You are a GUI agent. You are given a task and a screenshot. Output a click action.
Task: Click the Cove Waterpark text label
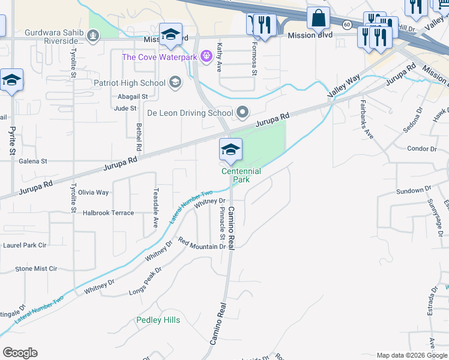click(x=160, y=58)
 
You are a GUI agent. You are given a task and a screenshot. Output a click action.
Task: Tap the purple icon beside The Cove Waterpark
click(x=206, y=57)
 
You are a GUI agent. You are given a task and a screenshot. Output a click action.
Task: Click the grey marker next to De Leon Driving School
click(x=243, y=112)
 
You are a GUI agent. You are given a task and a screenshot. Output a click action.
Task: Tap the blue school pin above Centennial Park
click(x=231, y=151)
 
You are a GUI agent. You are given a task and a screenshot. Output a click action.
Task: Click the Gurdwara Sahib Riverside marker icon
click(x=92, y=36)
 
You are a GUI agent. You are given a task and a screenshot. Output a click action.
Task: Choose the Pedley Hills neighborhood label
click(x=158, y=320)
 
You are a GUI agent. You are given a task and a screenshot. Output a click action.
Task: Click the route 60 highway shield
click(x=347, y=25)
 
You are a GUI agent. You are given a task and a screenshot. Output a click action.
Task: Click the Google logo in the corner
click(x=20, y=353)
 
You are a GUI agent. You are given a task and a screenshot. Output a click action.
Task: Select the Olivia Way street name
click(x=94, y=193)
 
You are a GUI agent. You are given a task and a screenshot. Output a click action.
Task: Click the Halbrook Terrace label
click(x=108, y=213)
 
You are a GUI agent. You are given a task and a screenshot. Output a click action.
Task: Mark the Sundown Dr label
click(x=414, y=191)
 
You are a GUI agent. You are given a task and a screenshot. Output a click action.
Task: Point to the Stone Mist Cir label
click(x=36, y=269)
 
